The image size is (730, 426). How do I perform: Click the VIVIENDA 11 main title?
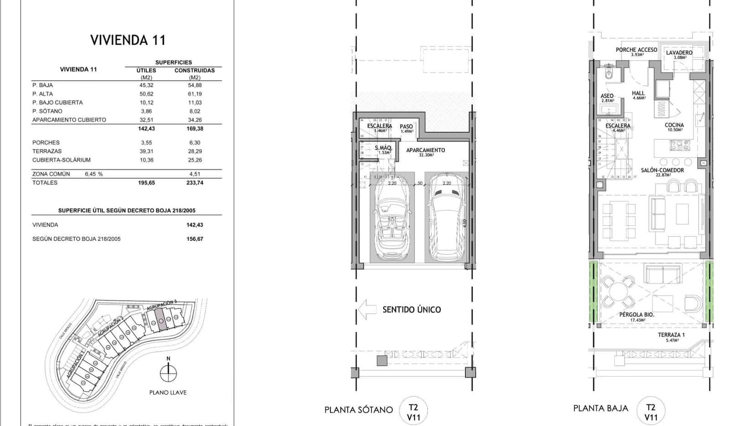(128, 40)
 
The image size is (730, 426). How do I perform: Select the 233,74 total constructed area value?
(195, 182)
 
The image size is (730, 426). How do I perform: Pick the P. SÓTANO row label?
(47, 111)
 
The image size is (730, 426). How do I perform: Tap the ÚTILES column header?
(146, 70)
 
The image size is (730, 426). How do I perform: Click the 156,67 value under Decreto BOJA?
(195, 239)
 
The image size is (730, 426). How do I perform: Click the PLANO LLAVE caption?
(168, 392)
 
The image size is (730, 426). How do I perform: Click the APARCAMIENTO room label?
(425, 150)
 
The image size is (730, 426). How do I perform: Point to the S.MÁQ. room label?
(383, 148)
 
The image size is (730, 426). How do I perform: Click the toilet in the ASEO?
(609, 74)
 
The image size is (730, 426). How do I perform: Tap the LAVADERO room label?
(679, 52)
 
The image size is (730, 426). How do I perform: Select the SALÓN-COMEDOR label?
(662, 170)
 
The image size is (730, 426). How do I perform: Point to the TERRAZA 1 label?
(671, 335)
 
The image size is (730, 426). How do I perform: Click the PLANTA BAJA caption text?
(600, 408)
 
